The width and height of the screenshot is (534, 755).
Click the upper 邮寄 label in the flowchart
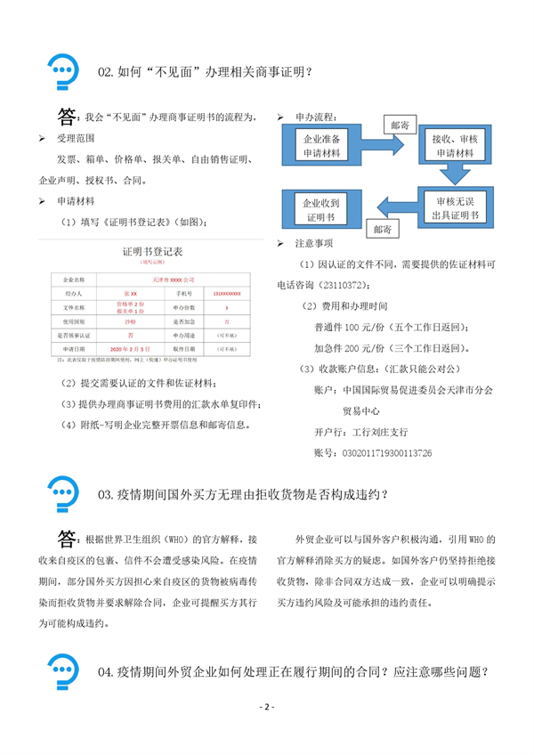[x=400, y=126]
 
